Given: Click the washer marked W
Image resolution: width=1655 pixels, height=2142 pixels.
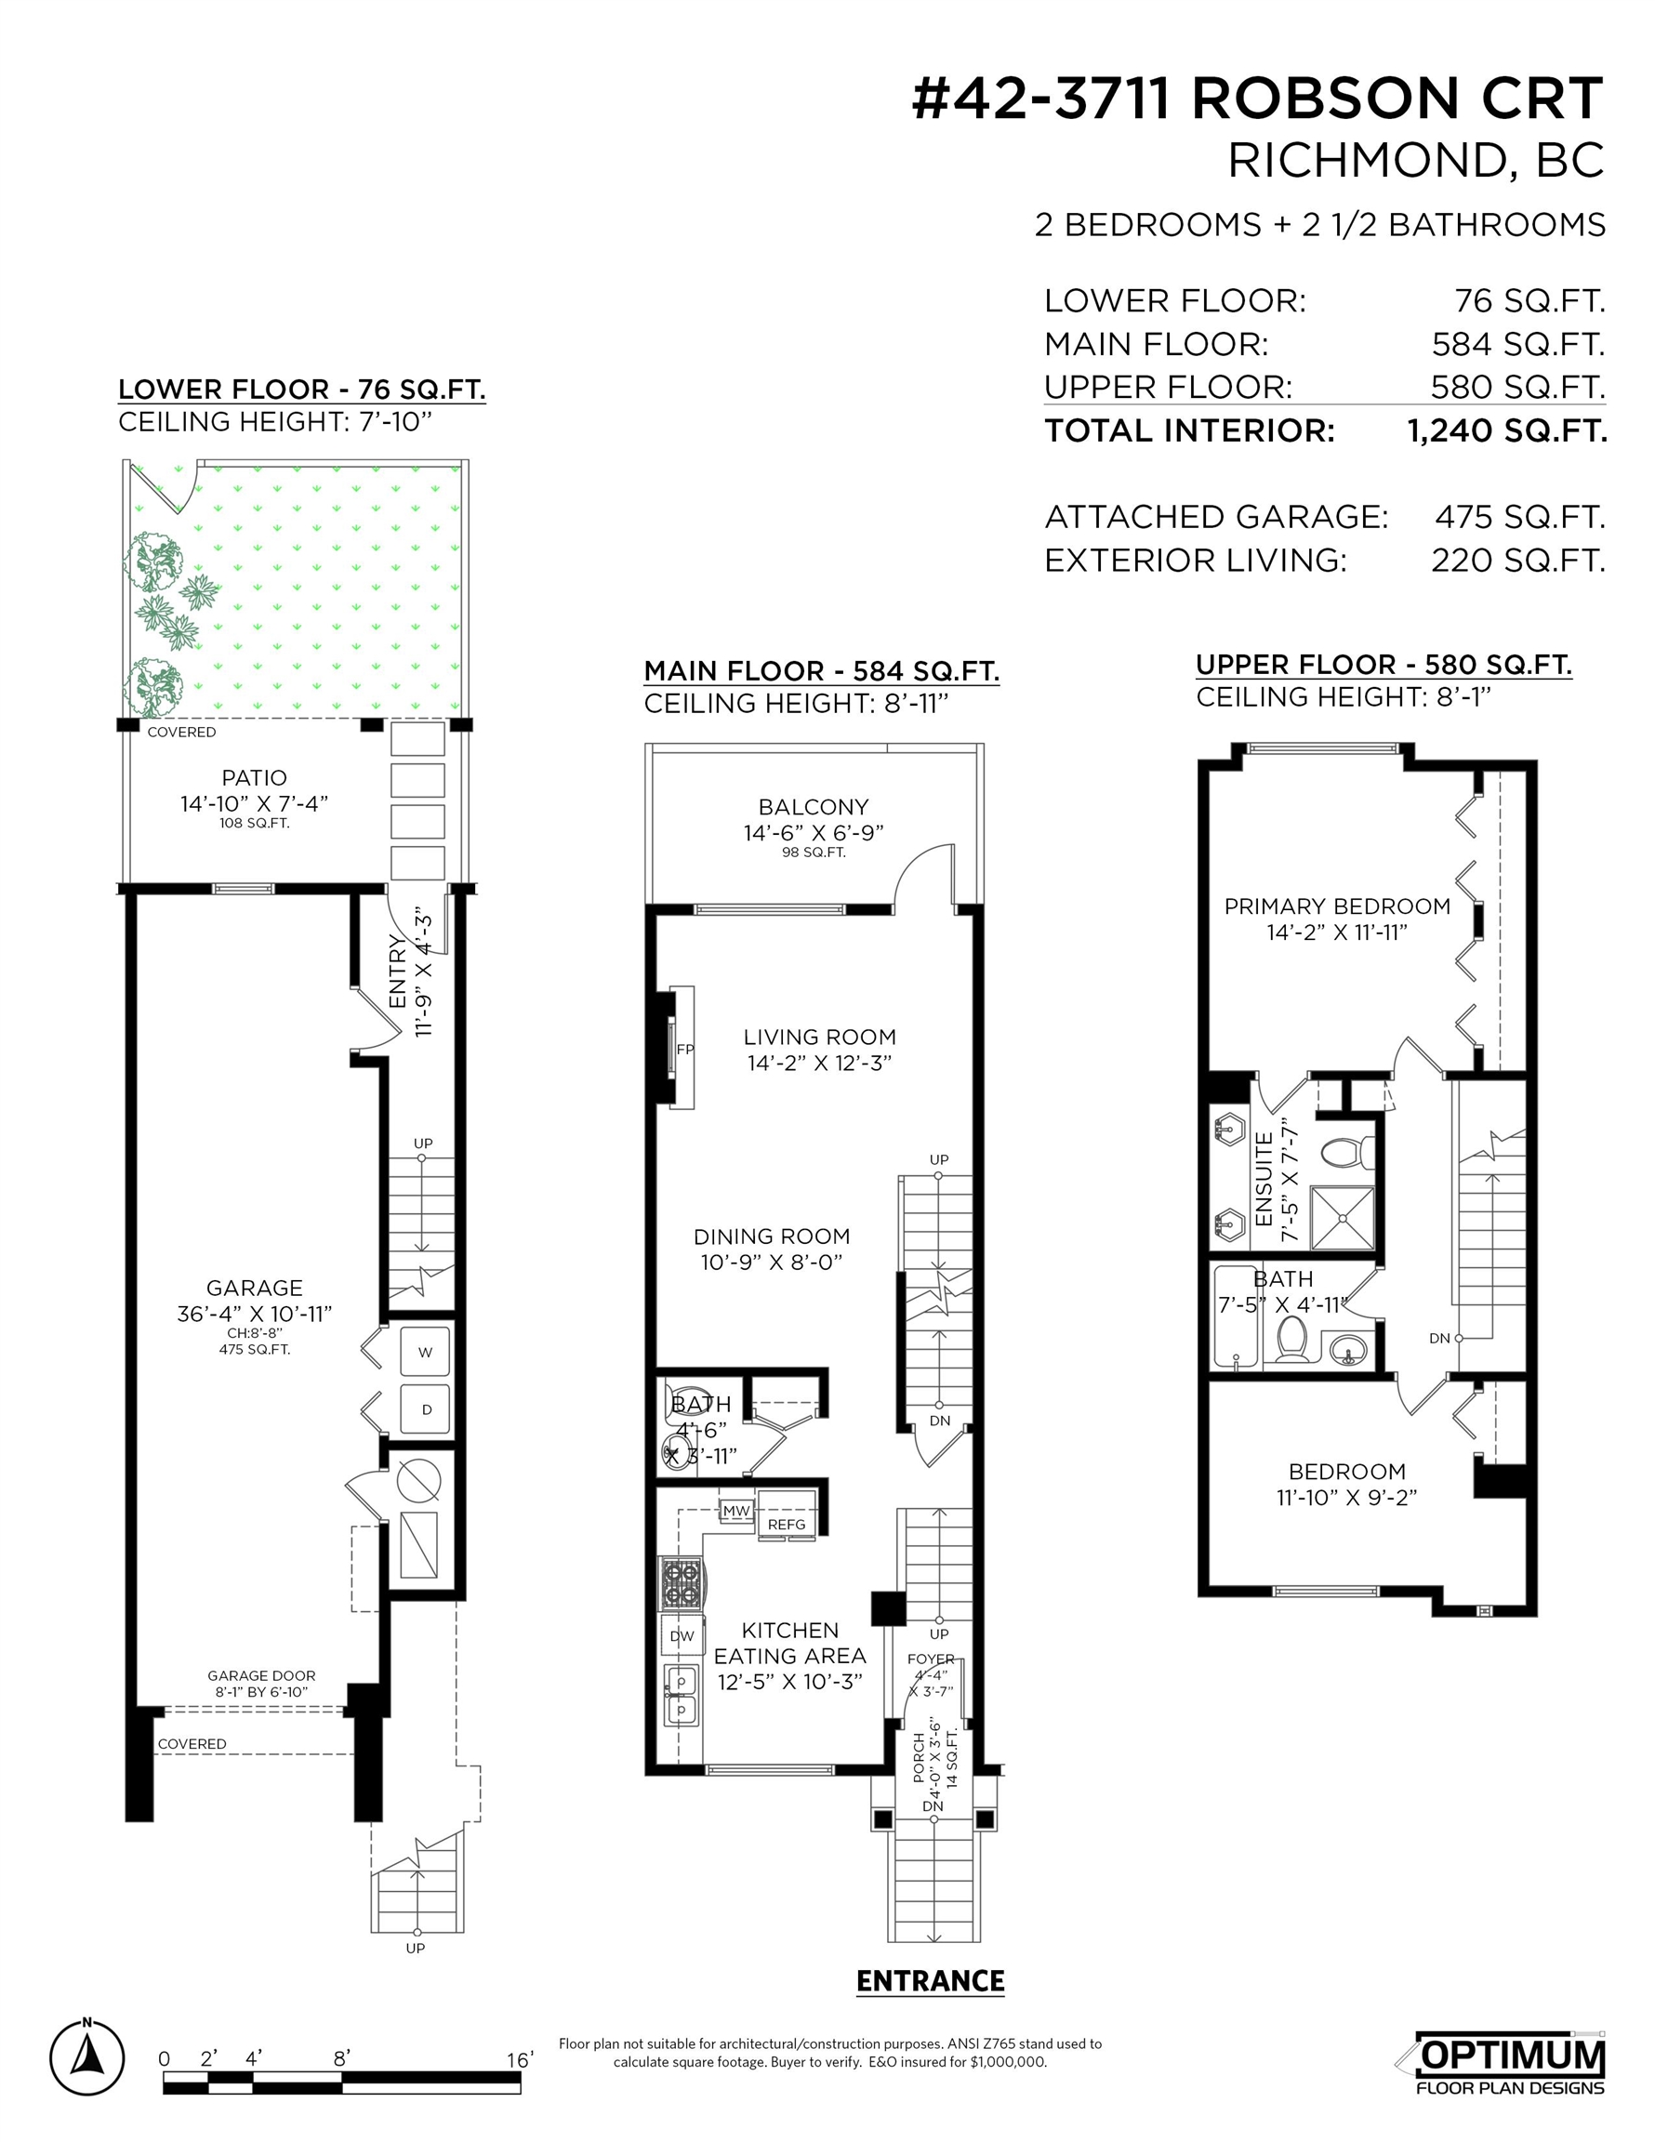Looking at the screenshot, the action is [426, 1352].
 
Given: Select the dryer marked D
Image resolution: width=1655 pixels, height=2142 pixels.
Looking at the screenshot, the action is [426, 1409].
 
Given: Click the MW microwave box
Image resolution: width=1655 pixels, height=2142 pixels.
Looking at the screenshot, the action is [735, 1512].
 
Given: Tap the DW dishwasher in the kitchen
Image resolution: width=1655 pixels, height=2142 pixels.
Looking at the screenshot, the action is [682, 1635].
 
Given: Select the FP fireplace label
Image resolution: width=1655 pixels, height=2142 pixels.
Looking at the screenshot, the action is [684, 1050].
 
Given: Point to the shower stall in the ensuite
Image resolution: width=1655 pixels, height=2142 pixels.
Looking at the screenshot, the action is [1342, 1217].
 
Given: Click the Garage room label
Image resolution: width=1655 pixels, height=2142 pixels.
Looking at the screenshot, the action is [254, 1288].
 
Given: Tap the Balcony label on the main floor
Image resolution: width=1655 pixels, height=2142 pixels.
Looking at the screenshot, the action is [814, 807].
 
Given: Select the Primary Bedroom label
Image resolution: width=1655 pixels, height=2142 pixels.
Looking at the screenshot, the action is [1337, 906].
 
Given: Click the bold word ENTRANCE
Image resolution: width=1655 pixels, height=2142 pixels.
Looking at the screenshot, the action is [930, 1982].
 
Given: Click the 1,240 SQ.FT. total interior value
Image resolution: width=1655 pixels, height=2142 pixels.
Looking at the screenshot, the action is [1507, 430].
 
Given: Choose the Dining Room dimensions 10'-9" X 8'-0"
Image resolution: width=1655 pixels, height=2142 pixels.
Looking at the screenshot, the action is [771, 1263].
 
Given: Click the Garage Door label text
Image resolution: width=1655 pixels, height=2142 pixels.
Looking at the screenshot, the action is [261, 1675].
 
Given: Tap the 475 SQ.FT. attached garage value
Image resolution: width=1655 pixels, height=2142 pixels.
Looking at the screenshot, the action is [1519, 517].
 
